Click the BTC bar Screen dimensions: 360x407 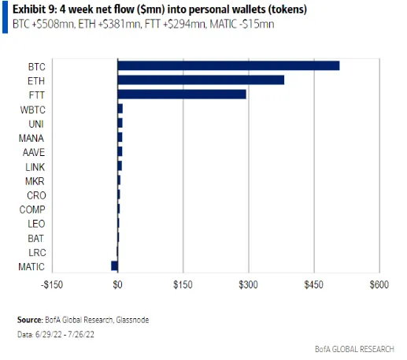(228, 65)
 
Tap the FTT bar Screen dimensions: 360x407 (182, 95)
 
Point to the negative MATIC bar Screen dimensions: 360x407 (114, 265)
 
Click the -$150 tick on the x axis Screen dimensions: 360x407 (51, 284)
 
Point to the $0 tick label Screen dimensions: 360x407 (117, 284)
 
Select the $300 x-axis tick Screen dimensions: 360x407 (248, 284)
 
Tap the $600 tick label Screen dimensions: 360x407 (379, 284)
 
